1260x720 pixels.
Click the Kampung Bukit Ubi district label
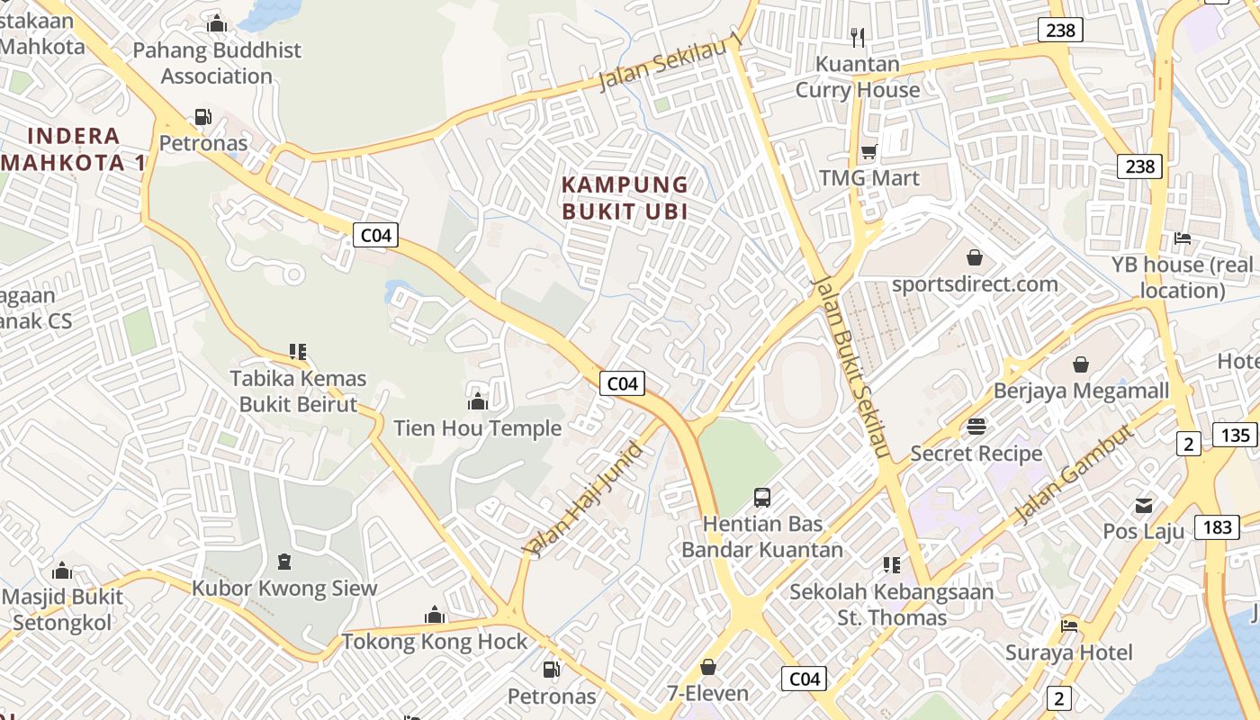[625, 198]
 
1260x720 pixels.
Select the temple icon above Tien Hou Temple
[478, 400]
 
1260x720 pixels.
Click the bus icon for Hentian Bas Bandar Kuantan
[762, 497]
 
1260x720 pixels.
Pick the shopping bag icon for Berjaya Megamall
[1081, 364]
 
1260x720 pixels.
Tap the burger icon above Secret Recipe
[976, 427]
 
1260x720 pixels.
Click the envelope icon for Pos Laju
[1144, 505]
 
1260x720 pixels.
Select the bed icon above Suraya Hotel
[1069, 625]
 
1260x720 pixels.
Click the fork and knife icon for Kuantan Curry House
[858, 37]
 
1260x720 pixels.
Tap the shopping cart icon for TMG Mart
[869, 151]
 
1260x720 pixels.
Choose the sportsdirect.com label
[975, 284]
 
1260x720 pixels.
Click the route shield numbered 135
[1236, 436]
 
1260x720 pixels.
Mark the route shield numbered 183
[1217, 527]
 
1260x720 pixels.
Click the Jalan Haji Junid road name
[582, 499]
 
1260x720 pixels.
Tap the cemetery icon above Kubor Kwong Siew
[284, 562]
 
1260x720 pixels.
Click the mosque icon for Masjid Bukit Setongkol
[62, 571]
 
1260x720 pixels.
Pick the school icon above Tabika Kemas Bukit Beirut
[298, 351]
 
